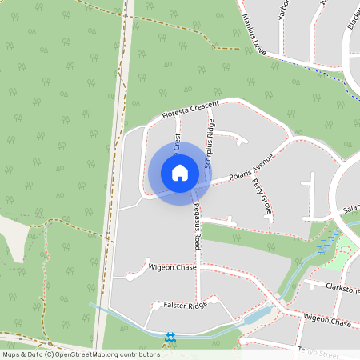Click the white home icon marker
tap(179, 172)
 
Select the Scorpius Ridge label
tap(211, 142)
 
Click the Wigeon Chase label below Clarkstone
tap(327, 322)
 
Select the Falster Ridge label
tap(185, 305)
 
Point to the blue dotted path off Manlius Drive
tap(328, 78)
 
